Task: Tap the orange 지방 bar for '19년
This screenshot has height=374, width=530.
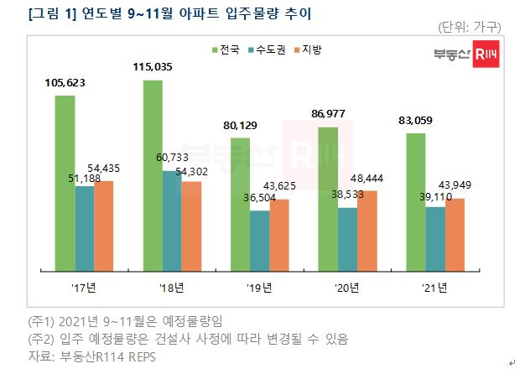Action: (279, 236)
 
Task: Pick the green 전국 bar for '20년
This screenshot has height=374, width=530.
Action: (327, 200)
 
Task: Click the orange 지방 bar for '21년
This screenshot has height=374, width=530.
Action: (455, 235)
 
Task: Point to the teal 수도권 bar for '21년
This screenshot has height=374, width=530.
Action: (435, 239)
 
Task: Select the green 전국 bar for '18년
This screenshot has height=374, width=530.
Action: (153, 176)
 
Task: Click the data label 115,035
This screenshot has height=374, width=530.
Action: (153, 66)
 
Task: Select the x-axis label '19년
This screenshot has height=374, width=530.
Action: (259, 288)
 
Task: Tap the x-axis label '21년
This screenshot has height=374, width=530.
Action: (434, 288)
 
